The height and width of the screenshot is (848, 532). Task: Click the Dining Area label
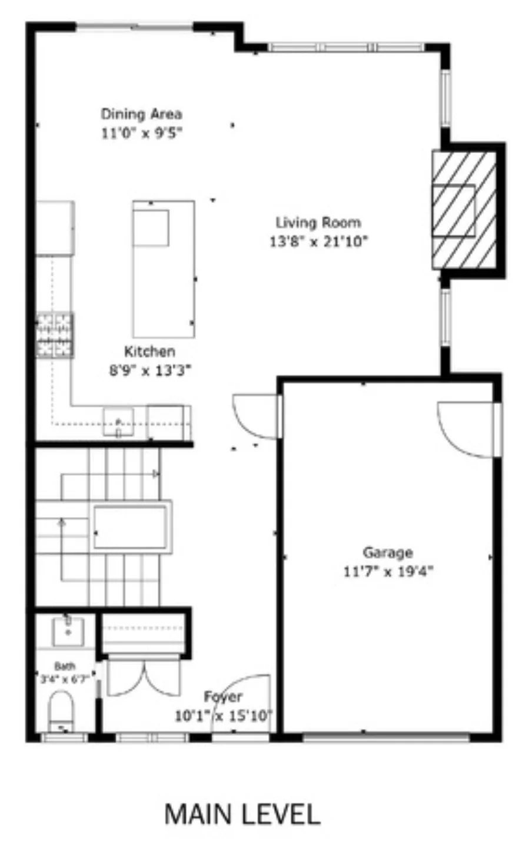coord(141,114)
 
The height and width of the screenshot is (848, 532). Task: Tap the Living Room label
coord(318,223)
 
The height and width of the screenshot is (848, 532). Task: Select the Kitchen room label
coord(149,352)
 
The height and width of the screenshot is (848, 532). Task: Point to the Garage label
coord(387,553)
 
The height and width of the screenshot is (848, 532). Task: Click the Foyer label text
coord(223,697)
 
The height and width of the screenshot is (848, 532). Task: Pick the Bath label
coord(65,667)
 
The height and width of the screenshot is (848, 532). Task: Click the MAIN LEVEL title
coord(242,814)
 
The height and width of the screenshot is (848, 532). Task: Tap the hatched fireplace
coord(464,210)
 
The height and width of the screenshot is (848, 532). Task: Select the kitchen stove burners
coord(55,336)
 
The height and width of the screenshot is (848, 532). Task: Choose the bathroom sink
coord(68,630)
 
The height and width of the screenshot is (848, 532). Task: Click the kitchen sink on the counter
coord(118,422)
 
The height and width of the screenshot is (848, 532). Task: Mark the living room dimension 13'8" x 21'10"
coord(318,241)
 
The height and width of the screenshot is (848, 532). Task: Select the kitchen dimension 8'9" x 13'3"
coord(149,370)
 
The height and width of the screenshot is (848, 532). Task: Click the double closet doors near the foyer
coord(144,677)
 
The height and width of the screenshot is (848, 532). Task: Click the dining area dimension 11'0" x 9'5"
coord(142,133)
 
